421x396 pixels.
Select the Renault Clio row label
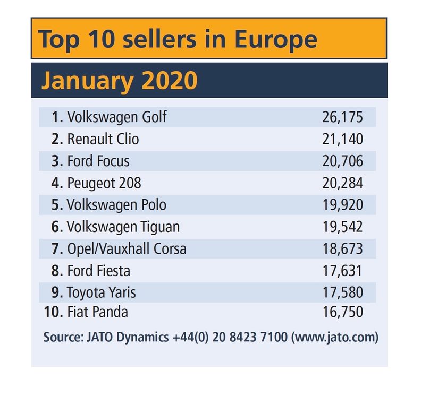103,140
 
